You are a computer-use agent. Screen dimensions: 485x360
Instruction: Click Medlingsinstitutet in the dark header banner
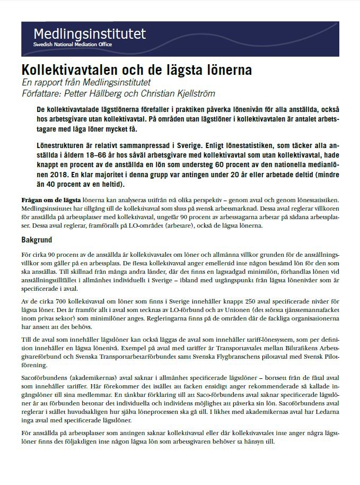89,34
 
